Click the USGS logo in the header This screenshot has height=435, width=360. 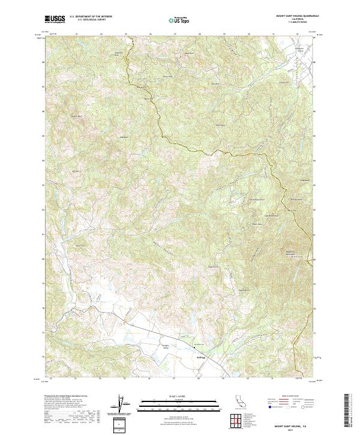coord(54,19)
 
